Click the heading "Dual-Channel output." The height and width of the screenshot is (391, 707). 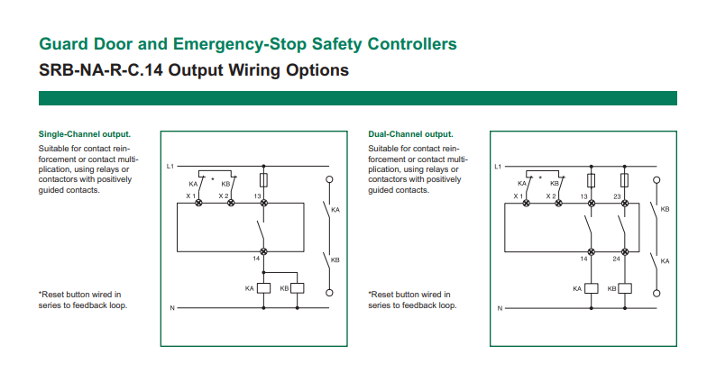click(410, 134)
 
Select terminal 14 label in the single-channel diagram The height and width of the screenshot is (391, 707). click(257, 260)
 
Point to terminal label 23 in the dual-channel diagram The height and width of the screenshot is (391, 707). click(617, 195)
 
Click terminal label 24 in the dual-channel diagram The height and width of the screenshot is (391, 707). click(617, 259)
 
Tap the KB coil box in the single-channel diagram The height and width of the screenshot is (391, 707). click(297, 288)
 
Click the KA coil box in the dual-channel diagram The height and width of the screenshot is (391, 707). click(591, 288)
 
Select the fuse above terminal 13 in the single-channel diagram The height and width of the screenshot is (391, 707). click(262, 180)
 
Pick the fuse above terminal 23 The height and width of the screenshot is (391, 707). click(623, 180)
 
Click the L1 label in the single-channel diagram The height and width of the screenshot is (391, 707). click(170, 167)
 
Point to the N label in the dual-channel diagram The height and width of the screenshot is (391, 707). click(499, 309)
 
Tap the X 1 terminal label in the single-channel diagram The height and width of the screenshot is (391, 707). click(191, 195)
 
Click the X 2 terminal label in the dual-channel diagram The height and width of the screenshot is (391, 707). click(550, 195)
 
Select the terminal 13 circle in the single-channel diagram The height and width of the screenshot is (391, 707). click(262, 205)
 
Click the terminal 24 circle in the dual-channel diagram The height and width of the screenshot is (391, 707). click(623, 251)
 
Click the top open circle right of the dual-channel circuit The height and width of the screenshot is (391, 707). click(656, 180)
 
